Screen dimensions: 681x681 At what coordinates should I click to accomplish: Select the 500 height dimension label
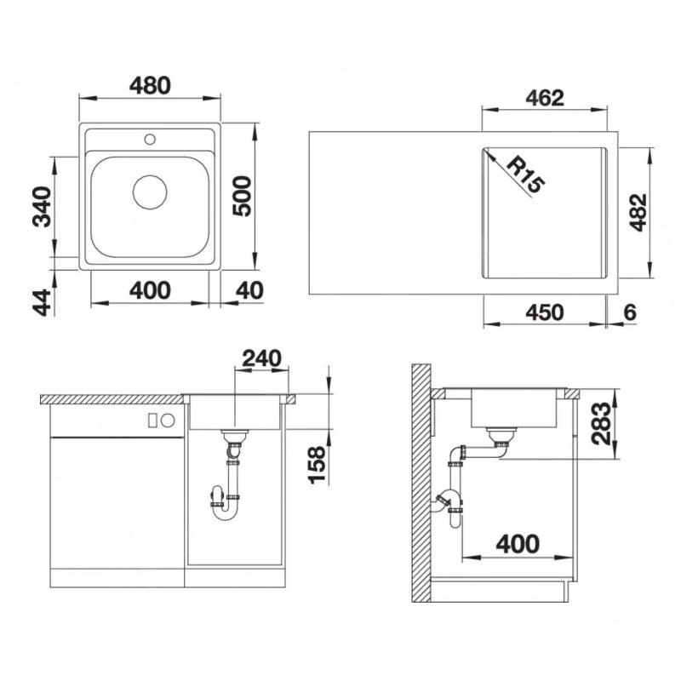[x=243, y=197]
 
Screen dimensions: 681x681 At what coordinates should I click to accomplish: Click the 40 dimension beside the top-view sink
[x=248, y=289]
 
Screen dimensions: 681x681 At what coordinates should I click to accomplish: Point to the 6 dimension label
[x=629, y=312]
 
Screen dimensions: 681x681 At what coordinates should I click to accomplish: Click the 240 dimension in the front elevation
[x=260, y=358]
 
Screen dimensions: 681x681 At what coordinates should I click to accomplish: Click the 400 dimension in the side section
[x=518, y=541]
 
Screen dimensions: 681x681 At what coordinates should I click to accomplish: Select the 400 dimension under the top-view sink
[x=150, y=289]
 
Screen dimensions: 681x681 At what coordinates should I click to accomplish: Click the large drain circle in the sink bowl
[x=150, y=192]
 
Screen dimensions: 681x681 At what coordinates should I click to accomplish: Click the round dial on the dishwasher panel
[x=168, y=419]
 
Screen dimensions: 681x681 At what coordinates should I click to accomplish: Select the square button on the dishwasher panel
[x=153, y=419]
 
